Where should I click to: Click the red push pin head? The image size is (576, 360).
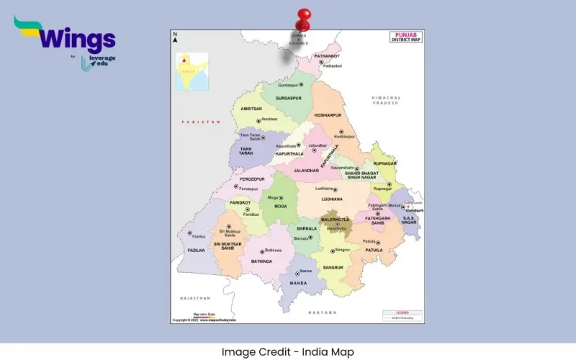(304, 15)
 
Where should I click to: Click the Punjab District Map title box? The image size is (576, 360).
(405, 37)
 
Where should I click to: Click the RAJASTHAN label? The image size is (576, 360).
(195, 297)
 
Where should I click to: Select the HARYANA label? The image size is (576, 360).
(323, 312)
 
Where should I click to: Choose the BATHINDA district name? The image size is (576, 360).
(262, 261)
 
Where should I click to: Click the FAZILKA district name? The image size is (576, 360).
(195, 250)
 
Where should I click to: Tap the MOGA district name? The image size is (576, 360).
(280, 206)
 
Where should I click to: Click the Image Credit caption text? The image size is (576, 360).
(288, 352)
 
